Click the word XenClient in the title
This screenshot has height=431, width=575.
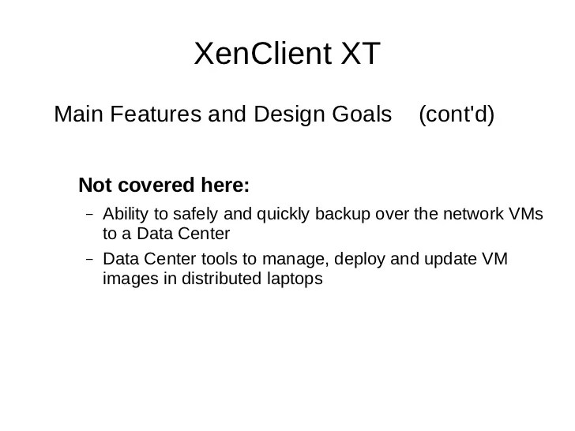point(257,54)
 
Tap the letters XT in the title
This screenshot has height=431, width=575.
point(355,54)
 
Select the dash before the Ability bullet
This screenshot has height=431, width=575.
point(88,215)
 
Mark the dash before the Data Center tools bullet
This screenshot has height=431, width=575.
point(88,259)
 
